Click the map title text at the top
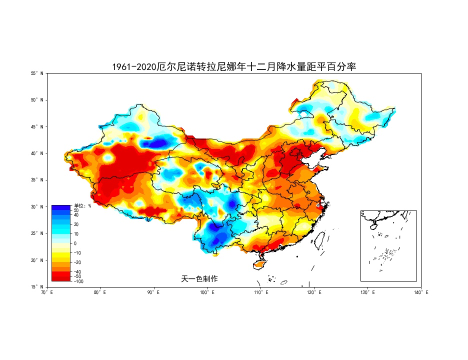234,66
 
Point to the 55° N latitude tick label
37,73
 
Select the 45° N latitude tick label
37,127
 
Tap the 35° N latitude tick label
37,180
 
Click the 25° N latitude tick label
37,233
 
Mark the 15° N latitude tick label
37,287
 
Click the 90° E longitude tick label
154,292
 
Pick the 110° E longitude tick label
261,292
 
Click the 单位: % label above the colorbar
82,205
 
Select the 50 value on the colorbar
76,210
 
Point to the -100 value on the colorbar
78,281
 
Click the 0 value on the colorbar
75,243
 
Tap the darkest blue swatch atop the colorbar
62,207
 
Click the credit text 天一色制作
199,278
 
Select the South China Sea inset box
388,245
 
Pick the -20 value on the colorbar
77,262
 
